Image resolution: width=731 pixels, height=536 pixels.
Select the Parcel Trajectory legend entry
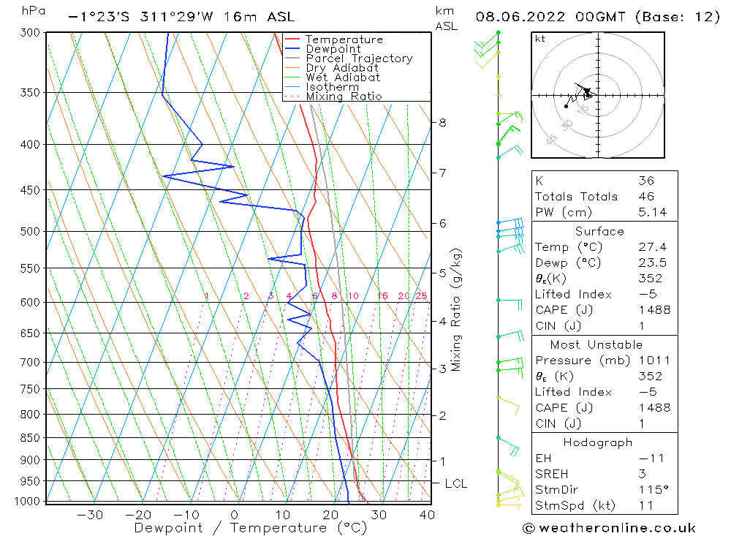359,58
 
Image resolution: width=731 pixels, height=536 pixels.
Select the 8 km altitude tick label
442,122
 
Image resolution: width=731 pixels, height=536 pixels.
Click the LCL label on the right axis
455,483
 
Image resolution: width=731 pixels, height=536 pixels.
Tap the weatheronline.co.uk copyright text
608,528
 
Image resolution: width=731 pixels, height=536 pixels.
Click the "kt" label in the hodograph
540,39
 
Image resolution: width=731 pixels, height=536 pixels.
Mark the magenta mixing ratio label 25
421,295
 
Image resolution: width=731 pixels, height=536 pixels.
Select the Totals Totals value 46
646,196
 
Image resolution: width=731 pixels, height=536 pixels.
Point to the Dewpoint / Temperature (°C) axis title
250,527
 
